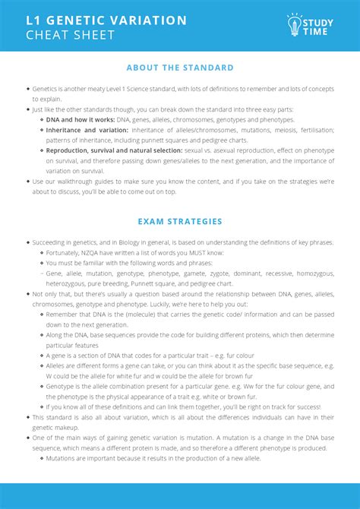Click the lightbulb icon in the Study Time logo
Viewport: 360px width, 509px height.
(x=295, y=25)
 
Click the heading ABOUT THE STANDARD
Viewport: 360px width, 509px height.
(x=180, y=68)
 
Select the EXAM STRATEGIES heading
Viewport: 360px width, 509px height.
(x=180, y=222)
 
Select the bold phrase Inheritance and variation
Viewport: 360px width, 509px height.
(x=81, y=130)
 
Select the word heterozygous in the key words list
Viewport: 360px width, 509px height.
(x=69, y=283)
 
